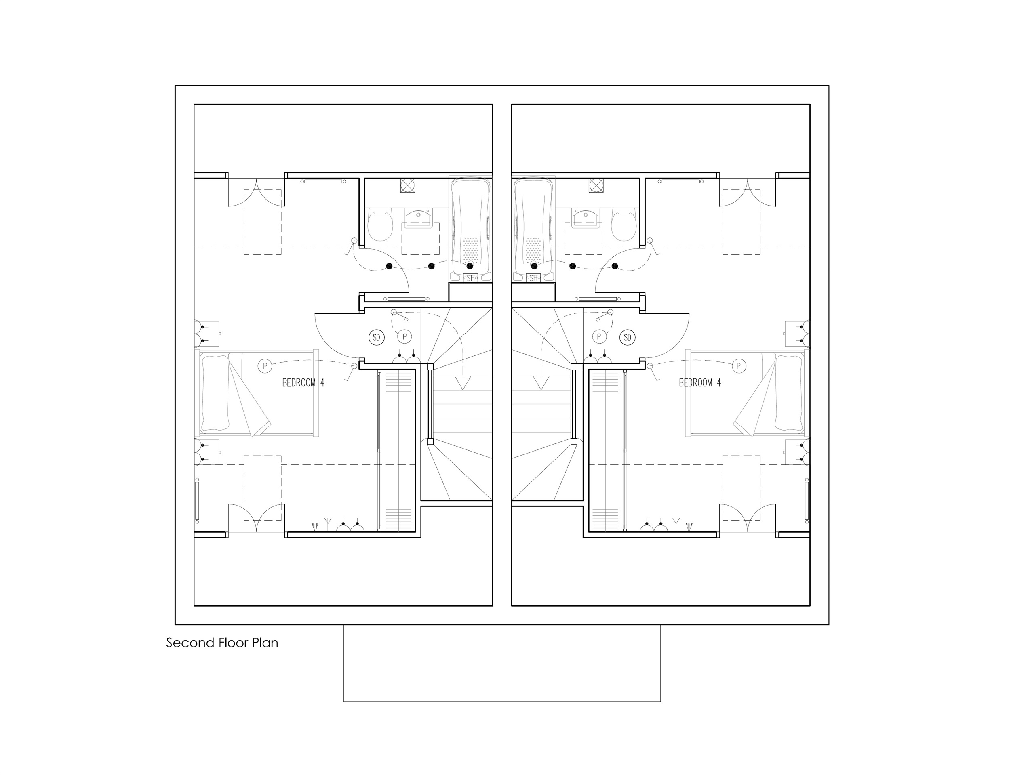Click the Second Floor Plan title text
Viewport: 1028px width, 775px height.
pyautogui.click(x=222, y=643)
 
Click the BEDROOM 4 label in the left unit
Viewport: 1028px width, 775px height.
pyautogui.click(x=303, y=382)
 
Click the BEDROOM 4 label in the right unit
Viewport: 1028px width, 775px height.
pyautogui.click(x=700, y=382)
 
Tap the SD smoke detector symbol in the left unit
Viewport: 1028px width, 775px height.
pyautogui.click(x=377, y=338)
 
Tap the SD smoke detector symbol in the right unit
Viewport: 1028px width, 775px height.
pyautogui.click(x=628, y=338)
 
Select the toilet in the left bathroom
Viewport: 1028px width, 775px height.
pyautogui.click(x=380, y=224)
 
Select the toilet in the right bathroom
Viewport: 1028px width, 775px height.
pyautogui.click(x=624, y=224)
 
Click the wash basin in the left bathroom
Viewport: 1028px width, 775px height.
pyautogui.click(x=418, y=218)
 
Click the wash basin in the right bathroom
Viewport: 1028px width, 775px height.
pyautogui.click(x=586, y=218)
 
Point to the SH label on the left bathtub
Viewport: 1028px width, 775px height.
pyautogui.click(x=470, y=278)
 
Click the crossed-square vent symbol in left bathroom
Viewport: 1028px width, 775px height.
pyautogui.click(x=408, y=185)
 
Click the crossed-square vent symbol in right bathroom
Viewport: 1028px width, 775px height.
pyautogui.click(x=596, y=185)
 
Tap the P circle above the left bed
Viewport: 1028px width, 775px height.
pyautogui.click(x=264, y=366)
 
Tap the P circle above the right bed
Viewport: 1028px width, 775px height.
pyautogui.click(x=738, y=366)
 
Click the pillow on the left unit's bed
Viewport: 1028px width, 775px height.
pyautogui.click(x=215, y=393)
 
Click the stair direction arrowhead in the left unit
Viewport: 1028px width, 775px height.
pyautogui.click(x=462, y=383)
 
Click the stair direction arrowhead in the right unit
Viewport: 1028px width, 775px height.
pyautogui.click(x=540, y=383)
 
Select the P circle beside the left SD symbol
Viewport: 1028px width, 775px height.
pyautogui.click(x=405, y=336)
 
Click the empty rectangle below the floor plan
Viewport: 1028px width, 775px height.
pyautogui.click(x=502, y=663)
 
